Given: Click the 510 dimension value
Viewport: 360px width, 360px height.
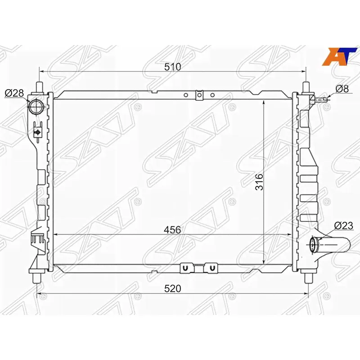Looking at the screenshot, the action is (x=172, y=67).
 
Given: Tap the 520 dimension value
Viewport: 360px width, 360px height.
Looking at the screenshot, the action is (x=173, y=288).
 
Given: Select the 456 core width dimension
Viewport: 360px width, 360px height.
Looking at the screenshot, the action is (x=172, y=230).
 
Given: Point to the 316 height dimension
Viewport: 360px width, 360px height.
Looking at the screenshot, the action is (x=260, y=182).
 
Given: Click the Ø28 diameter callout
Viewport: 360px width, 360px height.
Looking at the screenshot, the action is (x=14, y=93).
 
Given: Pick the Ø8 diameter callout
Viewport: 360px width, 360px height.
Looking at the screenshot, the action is (x=342, y=89).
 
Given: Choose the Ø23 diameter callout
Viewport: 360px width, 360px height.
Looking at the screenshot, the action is (x=344, y=226).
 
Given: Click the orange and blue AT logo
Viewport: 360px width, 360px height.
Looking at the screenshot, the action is (x=339, y=57).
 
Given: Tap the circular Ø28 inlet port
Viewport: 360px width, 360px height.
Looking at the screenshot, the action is (x=35, y=106).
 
